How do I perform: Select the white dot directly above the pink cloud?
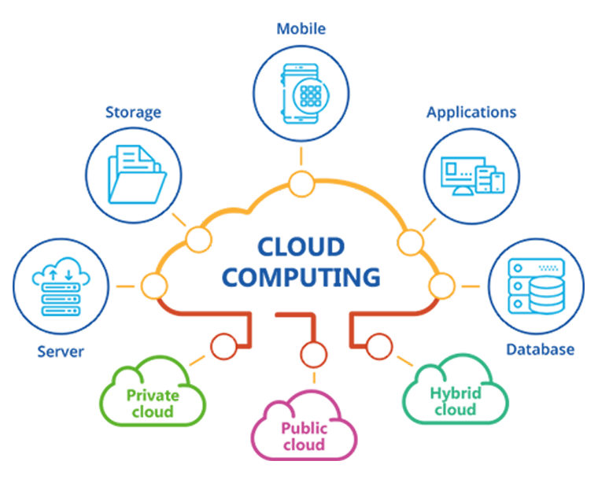313,356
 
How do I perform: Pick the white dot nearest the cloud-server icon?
154,286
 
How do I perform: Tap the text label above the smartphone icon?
300,32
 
